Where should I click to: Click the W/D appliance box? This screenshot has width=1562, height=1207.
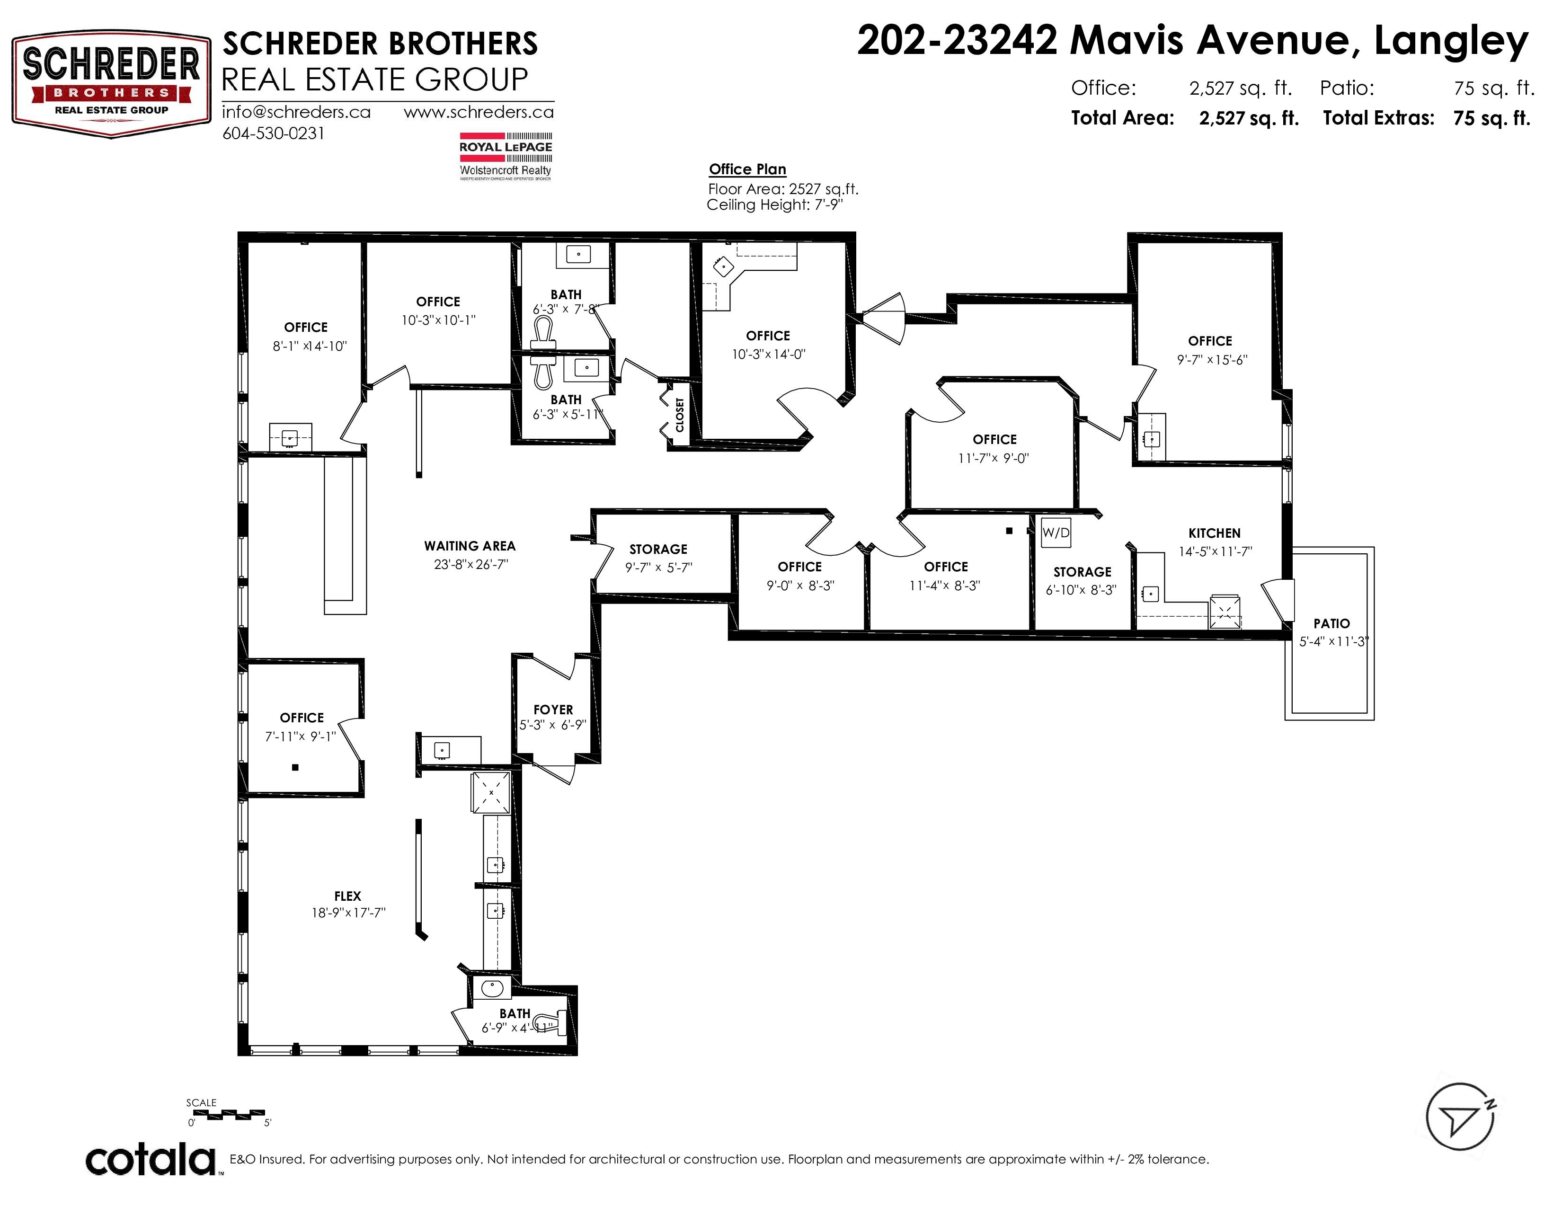pos(1056,532)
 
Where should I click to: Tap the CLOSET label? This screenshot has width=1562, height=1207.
pos(679,415)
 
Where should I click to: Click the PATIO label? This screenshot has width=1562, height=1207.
pos(1331,623)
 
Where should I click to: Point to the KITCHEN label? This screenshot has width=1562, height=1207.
pos(1215,533)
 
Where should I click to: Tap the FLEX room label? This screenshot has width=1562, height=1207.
pos(347,896)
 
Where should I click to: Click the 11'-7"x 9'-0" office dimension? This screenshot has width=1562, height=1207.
pos(994,458)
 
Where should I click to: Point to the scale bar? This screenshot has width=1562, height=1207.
pos(230,1113)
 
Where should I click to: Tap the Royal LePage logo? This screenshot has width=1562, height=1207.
pos(506,156)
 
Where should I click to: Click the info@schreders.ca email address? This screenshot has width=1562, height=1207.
pos(296,112)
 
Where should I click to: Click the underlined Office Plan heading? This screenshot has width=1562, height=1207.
pos(747,169)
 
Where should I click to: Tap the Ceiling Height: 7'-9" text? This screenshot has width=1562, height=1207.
pos(774,205)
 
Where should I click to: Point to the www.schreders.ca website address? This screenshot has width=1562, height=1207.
pos(479,112)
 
